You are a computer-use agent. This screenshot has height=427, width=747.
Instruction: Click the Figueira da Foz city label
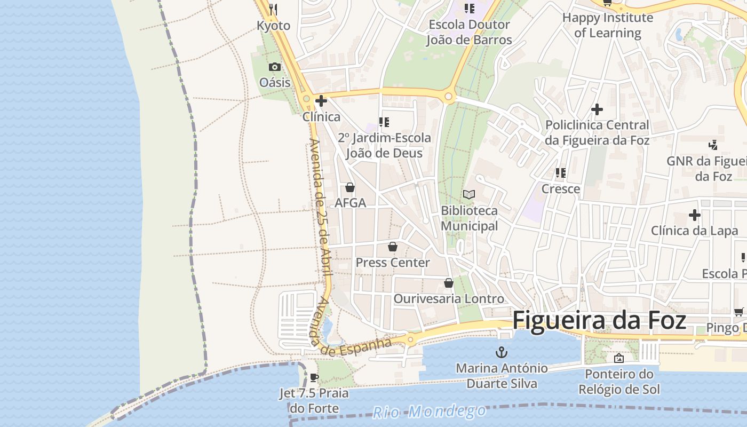click(599, 321)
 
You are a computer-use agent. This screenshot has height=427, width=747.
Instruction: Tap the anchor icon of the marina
click(501, 352)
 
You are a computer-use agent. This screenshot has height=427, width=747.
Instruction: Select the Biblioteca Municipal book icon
click(469, 194)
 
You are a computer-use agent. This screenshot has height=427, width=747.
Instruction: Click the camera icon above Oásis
click(275, 67)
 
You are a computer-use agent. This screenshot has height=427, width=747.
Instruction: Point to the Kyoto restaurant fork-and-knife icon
click(273, 9)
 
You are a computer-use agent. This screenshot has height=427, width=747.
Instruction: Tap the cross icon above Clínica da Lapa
click(694, 215)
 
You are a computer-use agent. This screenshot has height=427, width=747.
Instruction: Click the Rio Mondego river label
click(429, 412)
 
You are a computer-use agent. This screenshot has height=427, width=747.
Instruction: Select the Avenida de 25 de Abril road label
click(322, 208)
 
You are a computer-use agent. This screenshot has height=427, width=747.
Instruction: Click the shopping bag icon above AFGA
click(350, 187)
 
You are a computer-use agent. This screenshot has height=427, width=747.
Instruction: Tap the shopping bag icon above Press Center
click(393, 247)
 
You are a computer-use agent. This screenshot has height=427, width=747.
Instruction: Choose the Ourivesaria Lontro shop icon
click(449, 282)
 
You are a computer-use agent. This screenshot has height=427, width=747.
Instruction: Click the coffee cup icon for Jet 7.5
click(314, 378)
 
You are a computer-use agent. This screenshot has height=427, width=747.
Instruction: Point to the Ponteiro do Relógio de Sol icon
click(619, 358)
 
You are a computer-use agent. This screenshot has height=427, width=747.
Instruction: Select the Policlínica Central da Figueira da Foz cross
click(597, 109)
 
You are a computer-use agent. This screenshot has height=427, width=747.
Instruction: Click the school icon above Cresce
click(560, 172)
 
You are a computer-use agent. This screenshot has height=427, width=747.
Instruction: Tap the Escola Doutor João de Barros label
click(469, 32)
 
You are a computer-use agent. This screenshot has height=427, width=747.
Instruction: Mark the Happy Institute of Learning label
click(608, 25)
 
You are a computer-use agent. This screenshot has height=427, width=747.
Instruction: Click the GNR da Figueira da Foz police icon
click(713, 145)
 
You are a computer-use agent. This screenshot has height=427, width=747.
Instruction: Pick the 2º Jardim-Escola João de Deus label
click(384, 145)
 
